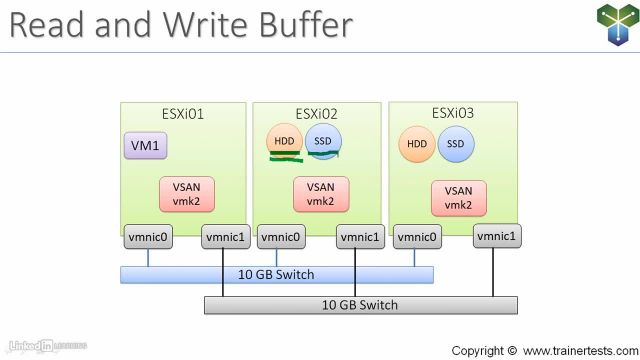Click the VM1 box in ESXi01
click(146, 146)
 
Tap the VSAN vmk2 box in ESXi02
click(320, 193)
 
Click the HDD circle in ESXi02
click(284, 141)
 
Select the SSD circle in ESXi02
click(322, 141)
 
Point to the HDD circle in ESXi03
click(416, 144)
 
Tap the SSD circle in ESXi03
click(456, 144)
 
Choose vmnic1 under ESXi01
click(225, 238)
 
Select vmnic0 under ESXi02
click(282, 238)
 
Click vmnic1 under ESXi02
click(360, 238)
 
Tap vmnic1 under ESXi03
click(497, 236)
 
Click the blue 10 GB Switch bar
click(277, 274)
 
